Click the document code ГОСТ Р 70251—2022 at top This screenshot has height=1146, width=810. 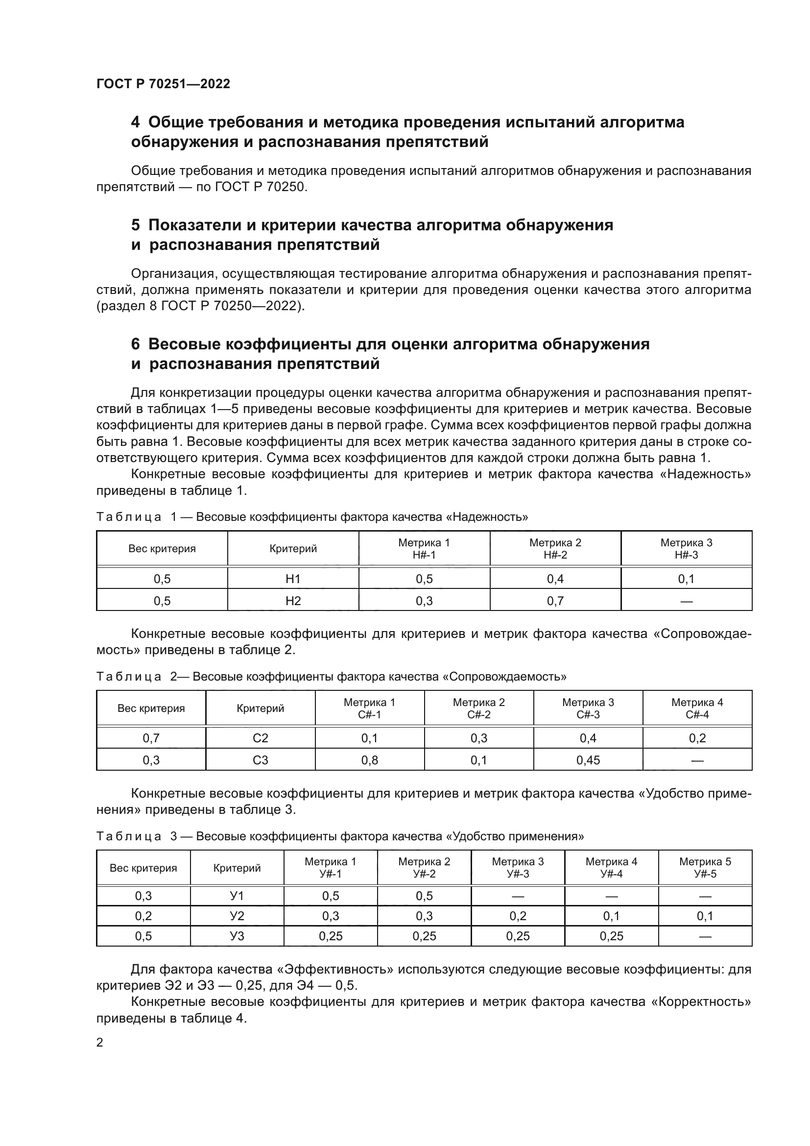click(x=163, y=84)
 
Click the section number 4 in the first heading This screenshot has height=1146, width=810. click(x=135, y=122)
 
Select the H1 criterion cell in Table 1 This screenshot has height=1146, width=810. click(x=293, y=579)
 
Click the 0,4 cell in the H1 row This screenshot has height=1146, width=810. click(x=555, y=579)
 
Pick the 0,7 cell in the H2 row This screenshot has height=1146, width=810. click(x=555, y=601)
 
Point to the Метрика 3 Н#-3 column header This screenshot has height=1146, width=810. click(x=686, y=549)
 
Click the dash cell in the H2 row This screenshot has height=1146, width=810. click(x=686, y=602)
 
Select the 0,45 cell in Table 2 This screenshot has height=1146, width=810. click(x=588, y=760)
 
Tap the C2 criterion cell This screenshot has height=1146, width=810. click(x=261, y=738)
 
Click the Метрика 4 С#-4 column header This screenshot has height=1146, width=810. click(x=697, y=708)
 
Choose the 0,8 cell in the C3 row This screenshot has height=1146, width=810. click(x=370, y=760)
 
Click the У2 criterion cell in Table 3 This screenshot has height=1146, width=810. click(x=237, y=916)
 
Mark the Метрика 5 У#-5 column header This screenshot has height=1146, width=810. click(x=705, y=868)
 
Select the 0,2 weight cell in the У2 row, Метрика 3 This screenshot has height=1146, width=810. click(x=518, y=916)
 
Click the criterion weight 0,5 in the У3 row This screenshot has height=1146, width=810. click(x=143, y=936)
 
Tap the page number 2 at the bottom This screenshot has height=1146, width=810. click(x=100, y=1042)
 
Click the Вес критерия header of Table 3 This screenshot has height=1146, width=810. click(x=143, y=868)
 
